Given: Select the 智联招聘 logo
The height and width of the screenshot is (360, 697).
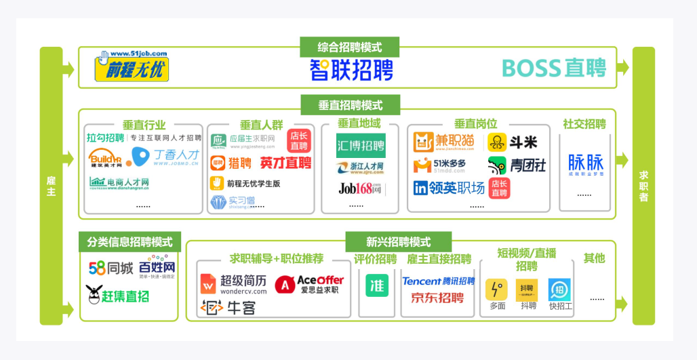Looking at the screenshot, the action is tap(351, 70).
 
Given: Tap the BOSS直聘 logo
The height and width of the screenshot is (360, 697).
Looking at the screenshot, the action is tap(554, 68).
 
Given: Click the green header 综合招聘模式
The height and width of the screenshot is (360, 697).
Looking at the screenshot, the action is tap(349, 47).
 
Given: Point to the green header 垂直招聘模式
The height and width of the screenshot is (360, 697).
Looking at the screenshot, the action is tap(350, 105).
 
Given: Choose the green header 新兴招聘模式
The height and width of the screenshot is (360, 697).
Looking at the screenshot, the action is tap(398, 242).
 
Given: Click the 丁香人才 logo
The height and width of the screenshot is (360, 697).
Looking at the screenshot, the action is tap(164, 157).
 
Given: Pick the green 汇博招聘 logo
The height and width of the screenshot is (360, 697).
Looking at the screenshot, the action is tap(360, 145).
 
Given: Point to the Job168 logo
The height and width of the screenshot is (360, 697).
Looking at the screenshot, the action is tap(360, 188).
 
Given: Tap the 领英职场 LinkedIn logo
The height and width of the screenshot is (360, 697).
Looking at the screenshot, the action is tap(449, 188).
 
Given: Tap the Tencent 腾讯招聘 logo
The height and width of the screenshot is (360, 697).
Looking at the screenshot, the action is tap(438, 281).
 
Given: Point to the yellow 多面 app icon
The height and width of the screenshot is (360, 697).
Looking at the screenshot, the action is tap(496, 289).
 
